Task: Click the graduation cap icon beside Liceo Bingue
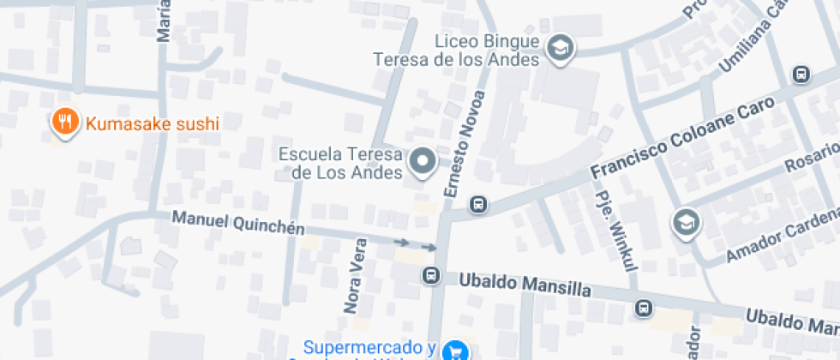(561, 48)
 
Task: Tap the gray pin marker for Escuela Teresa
(422, 161)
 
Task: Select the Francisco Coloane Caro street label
(683, 137)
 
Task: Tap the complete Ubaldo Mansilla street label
(525, 284)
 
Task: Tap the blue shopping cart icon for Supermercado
(455, 350)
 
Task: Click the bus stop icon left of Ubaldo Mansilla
(430, 275)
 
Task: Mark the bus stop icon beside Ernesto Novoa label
(478, 204)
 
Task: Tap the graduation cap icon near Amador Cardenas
(687, 223)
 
